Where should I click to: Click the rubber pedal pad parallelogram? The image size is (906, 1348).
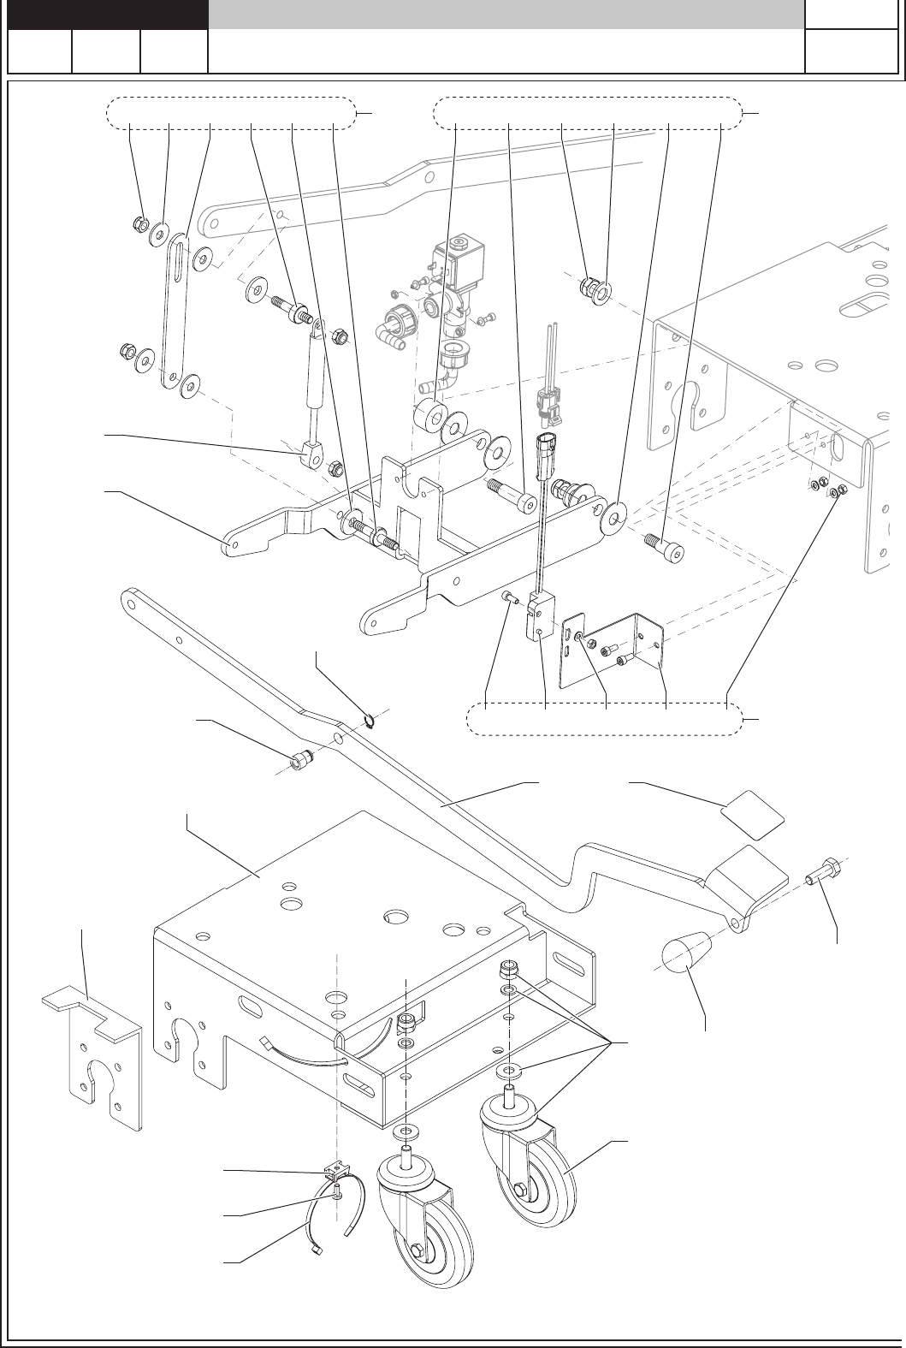(x=752, y=810)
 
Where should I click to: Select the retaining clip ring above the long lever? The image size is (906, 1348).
(x=370, y=722)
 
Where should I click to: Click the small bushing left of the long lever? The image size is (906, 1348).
(x=299, y=758)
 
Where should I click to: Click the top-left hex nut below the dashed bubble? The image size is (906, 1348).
(x=140, y=224)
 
